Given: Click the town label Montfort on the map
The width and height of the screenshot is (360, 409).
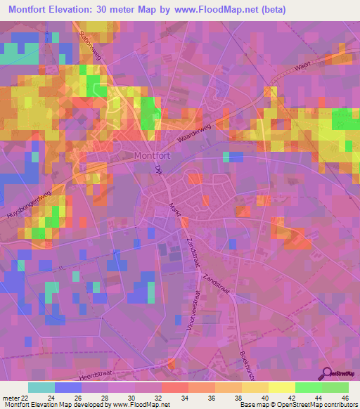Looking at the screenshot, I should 154,156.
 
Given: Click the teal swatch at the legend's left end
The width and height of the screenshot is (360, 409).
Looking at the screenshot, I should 41,388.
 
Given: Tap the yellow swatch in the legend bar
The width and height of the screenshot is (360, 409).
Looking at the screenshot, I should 282,388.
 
